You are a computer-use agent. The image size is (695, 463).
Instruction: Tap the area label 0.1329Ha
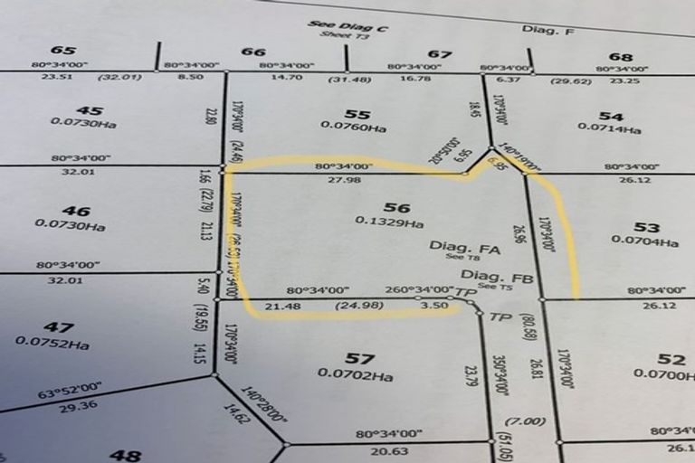[x=389, y=222]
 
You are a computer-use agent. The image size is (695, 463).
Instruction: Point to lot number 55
[x=358, y=114]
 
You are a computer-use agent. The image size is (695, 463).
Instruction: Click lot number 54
[x=612, y=116]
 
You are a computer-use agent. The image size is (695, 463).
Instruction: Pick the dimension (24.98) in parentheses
[x=356, y=307]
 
